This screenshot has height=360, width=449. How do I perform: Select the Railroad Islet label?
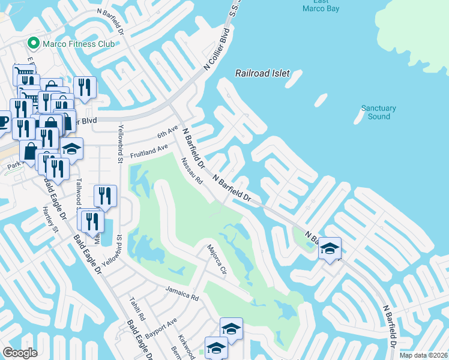point(262,73)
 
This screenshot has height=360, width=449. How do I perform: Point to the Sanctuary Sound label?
point(379,112)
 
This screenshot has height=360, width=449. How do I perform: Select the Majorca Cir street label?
point(215,259)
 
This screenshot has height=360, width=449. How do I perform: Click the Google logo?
point(20,353)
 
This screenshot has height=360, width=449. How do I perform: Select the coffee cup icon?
point(3,120)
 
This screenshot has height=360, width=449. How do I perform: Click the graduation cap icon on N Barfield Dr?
point(330,248)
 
